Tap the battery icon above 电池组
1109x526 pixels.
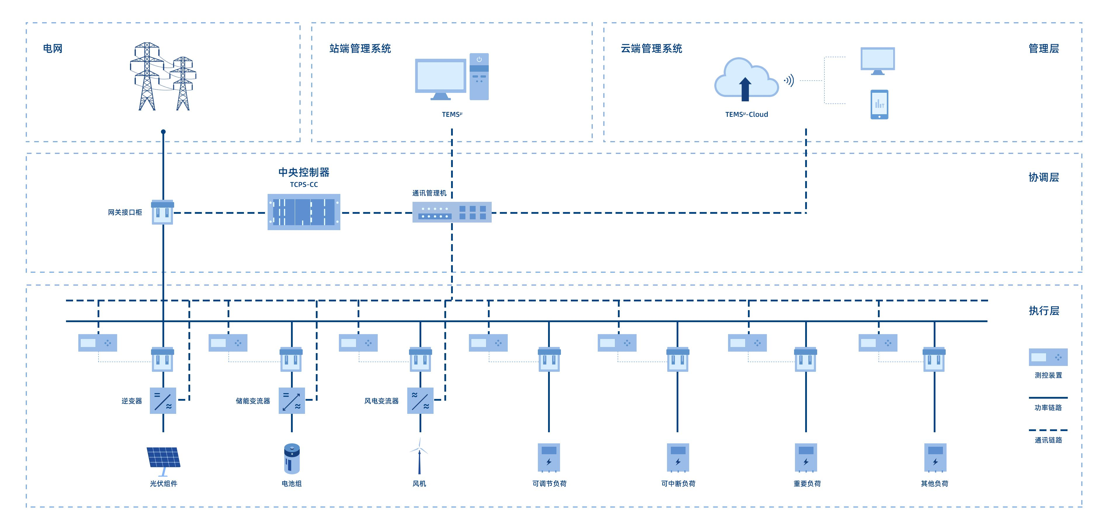(292, 459)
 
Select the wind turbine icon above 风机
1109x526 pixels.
(419, 456)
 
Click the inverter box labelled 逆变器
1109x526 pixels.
(163, 400)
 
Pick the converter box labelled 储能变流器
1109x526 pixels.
(292, 400)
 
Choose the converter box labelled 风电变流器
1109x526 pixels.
(420, 400)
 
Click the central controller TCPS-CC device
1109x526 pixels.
(304, 212)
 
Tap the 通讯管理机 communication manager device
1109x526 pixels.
(452, 212)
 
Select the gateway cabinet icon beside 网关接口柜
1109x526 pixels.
(163, 212)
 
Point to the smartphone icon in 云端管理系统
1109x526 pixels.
(879, 104)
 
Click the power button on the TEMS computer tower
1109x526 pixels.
(479, 59)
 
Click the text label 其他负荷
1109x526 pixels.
(934, 483)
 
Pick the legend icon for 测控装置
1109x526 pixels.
(1048, 357)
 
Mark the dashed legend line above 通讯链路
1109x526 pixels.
(1048, 430)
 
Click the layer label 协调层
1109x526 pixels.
(1044, 177)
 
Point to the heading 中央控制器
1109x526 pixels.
(304, 172)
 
